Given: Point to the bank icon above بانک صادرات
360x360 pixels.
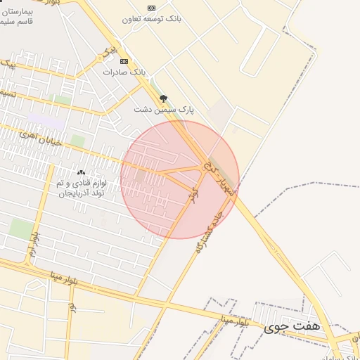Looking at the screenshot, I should (124, 62).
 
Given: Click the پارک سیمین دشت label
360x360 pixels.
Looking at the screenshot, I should (164, 110).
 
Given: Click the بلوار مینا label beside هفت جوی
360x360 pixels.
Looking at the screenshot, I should (233, 321).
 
